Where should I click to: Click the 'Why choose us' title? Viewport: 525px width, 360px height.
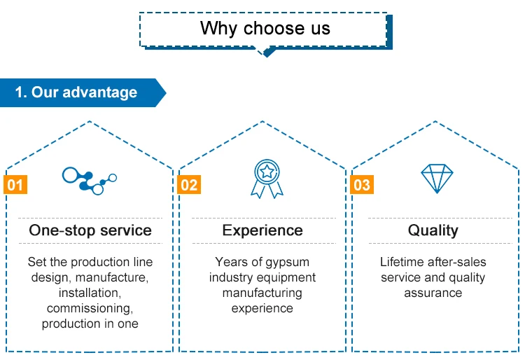[265, 28]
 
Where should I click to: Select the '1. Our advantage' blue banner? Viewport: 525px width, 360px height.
[77, 92]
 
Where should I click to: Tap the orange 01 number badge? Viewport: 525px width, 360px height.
[15, 185]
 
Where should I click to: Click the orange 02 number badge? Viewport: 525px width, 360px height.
[189, 185]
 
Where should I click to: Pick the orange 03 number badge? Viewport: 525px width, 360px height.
[362, 185]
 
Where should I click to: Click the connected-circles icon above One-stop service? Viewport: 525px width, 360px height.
[89, 179]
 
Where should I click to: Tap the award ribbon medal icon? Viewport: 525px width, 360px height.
[266, 179]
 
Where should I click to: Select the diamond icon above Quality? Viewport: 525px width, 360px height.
[436, 179]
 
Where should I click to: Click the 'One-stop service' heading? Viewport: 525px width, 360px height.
[90, 230]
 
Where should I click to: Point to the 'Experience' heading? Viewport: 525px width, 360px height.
[262, 230]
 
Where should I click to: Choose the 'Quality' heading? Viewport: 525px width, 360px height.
[433, 230]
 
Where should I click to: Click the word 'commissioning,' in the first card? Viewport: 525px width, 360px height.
[90, 308]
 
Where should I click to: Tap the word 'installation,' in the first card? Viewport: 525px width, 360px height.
[90, 293]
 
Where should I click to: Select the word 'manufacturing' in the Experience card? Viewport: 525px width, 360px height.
[262, 293]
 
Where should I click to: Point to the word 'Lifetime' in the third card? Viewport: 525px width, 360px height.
[402, 262]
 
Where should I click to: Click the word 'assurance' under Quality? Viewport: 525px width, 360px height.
[433, 293]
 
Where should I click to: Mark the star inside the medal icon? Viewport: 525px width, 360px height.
[266, 170]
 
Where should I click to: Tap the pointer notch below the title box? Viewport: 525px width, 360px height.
[265, 51]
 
